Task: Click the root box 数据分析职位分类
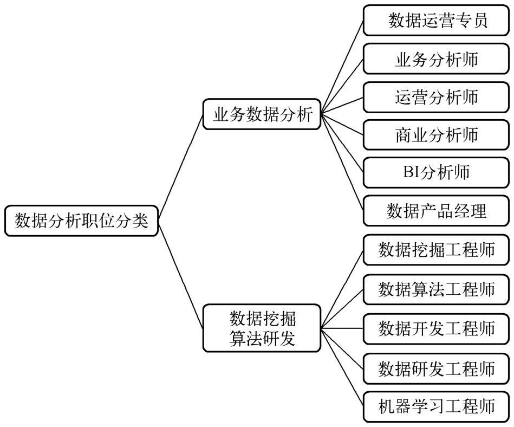[x=81, y=221]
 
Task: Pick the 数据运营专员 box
[x=437, y=20]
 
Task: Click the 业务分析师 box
[x=437, y=59]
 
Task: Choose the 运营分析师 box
[x=437, y=96]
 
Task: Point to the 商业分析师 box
[x=437, y=134]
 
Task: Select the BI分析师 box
[x=437, y=172]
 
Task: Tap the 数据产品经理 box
[x=437, y=210]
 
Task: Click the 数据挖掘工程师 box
[x=437, y=250]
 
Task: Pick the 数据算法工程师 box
[x=437, y=289]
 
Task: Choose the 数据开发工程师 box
[x=437, y=328]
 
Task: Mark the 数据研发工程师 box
[x=437, y=368]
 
